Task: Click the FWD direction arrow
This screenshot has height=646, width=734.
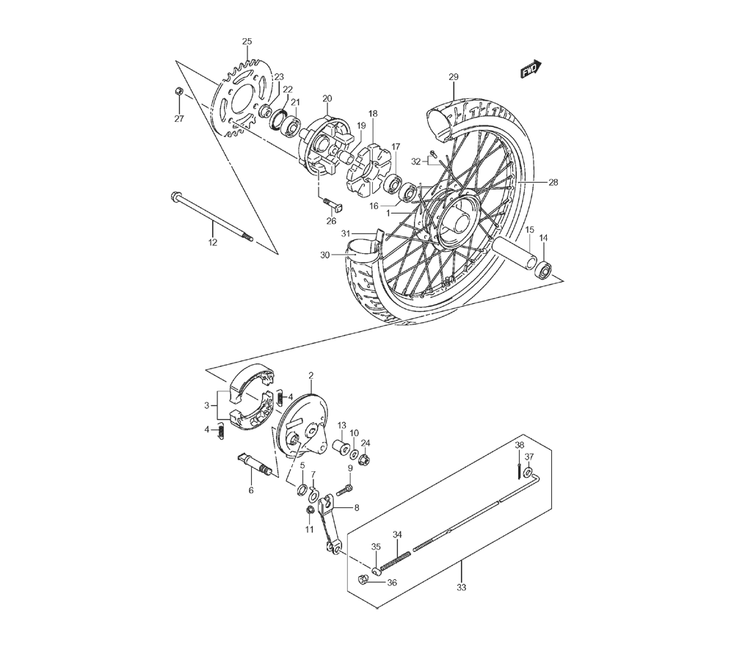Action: [531, 68]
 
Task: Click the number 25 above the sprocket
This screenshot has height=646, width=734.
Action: [247, 41]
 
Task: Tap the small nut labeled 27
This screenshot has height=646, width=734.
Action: [178, 91]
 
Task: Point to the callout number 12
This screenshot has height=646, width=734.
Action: [213, 242]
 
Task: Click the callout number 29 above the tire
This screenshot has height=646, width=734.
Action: [454, 77]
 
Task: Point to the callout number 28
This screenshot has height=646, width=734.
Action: [553, 183]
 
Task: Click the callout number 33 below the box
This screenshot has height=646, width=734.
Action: [462, 587]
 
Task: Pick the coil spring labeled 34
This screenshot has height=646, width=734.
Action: [396, 561]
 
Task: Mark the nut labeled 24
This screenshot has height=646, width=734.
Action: [364, 461]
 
